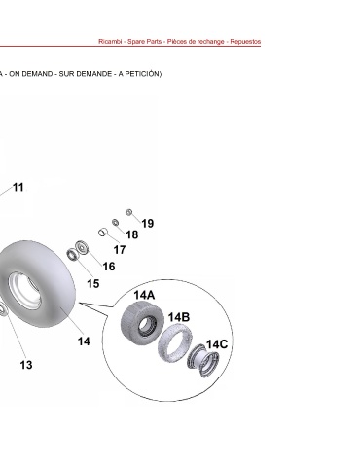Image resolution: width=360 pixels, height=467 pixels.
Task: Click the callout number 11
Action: pyautogui.click(x=18, y=187)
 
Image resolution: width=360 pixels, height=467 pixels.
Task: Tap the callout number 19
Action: pyautogui.click(x=148, y=223)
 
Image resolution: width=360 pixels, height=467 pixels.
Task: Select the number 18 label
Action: pyautogui.click(x=132, y=234)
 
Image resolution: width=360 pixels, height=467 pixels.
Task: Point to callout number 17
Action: pyautogui.click(x=120, y=250)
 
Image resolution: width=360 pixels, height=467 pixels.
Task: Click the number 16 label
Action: pyautogui.click(x=109, y=267)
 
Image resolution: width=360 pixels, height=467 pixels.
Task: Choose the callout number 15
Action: pyautogui.click(x=93, y=284)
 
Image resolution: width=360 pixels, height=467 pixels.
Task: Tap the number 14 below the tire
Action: pyautogui.click(x=84, y=341)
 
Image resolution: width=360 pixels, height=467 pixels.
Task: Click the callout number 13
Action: pyautogui.click(x=26, y=365)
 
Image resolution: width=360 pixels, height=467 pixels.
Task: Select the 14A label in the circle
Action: pyautogui.click(x=144, y=295)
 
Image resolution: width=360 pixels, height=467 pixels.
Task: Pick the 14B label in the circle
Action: pyautogui.click(x=179, y=317)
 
